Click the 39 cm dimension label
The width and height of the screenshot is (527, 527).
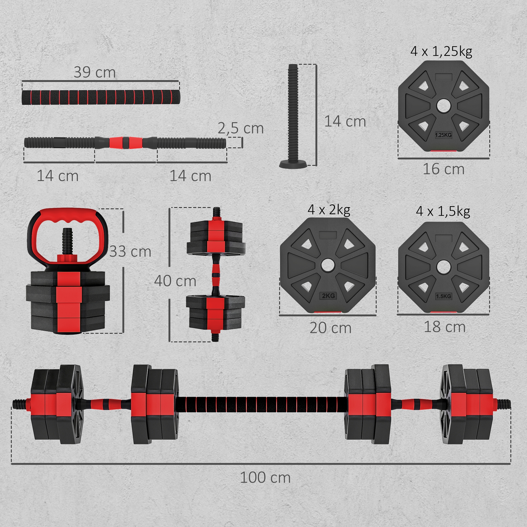95,72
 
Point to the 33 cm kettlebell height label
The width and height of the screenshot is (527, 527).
130,251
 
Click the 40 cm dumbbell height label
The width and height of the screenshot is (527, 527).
175,281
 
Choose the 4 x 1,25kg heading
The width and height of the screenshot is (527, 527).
441,51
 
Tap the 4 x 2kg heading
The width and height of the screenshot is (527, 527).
329,209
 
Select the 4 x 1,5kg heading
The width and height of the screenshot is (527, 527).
443,211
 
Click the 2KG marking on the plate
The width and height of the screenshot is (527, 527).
328,296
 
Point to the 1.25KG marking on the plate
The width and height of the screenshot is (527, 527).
443,135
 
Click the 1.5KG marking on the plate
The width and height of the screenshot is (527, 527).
443,296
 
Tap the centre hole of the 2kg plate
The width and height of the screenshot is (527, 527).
328,265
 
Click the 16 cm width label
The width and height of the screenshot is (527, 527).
443,169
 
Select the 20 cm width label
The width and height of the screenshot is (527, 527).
330,328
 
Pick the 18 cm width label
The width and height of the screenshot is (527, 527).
444,326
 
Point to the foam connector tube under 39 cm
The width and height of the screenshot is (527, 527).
101,97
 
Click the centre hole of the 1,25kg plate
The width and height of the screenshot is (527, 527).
443,106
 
